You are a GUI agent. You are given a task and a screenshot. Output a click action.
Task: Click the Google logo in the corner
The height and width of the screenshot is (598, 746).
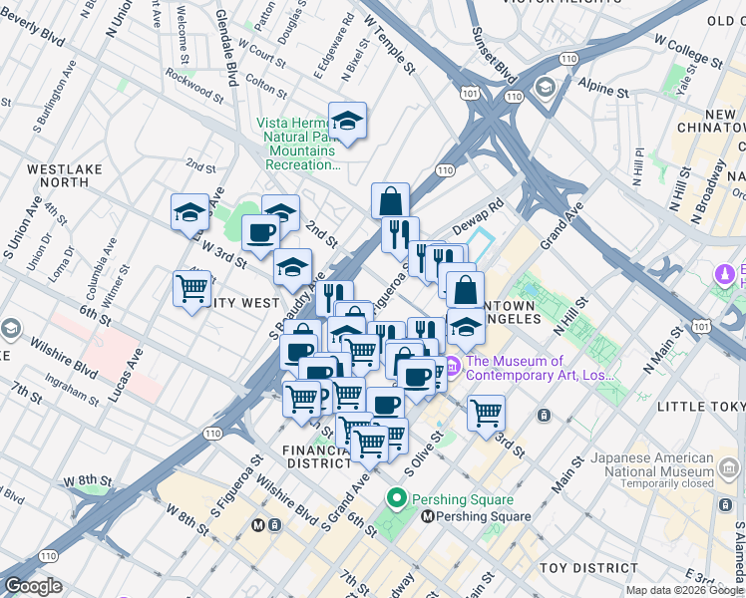click(x=32, y=586)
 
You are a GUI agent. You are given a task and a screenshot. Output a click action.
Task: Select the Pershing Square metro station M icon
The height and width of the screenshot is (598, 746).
click(x=428, y=516)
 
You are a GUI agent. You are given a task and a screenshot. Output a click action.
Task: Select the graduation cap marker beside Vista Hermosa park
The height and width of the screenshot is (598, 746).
click(x=347, y=121)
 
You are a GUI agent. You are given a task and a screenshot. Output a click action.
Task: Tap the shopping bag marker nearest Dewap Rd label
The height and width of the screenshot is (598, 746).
click(x=391, y=200)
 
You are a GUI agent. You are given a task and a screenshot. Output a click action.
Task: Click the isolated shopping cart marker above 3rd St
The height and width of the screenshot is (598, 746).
click(x=486, y=411)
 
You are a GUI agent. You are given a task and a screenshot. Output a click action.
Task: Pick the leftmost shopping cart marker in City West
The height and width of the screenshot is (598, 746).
click(x=191, y=289)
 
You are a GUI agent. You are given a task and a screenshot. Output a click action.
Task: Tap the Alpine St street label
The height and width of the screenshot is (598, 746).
click(x=607, y=92)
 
